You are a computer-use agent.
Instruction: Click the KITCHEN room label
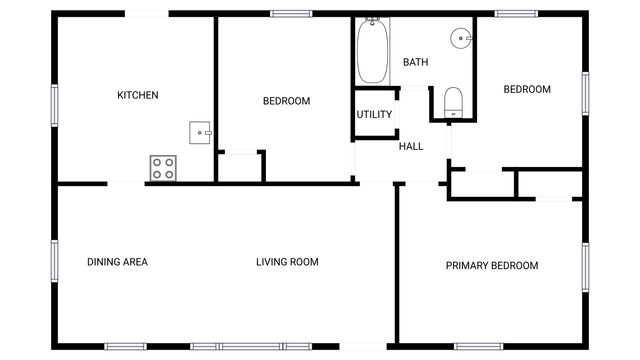pos(138,96)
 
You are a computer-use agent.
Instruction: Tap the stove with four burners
pos(163,168)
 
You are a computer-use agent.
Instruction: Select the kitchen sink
pos(201,132)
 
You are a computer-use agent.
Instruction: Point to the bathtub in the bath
pos(372,51)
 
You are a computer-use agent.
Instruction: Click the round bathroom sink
pos(461,39)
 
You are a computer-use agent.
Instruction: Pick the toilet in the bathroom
pos(453,102)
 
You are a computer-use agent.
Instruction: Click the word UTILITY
pos(374,114)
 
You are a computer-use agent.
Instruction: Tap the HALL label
pos(411,146)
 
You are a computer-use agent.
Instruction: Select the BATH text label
pos(415,62)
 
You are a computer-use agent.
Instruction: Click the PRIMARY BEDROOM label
pos(491,265)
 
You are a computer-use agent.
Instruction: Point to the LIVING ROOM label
pos(287,262)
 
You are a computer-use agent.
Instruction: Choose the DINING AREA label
pos(117,262)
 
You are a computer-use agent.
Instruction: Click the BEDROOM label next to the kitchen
pos(286,101)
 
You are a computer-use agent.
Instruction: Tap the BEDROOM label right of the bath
pos(526,89)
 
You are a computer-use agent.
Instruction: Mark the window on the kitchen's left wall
pos(54,104)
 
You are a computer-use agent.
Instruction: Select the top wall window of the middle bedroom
pos(289,13)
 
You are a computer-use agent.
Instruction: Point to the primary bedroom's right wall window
pos(586,265)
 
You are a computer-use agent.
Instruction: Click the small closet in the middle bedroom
pos(239,167)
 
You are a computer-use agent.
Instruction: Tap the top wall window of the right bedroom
pos(516,13)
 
